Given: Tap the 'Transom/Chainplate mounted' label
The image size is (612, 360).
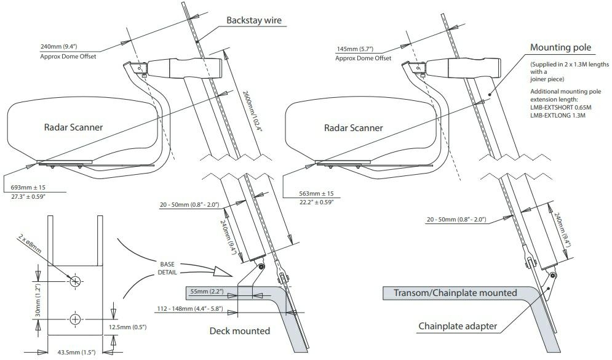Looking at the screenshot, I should pos(455,293).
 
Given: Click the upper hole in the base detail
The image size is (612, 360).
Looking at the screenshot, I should pos(75,281).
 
